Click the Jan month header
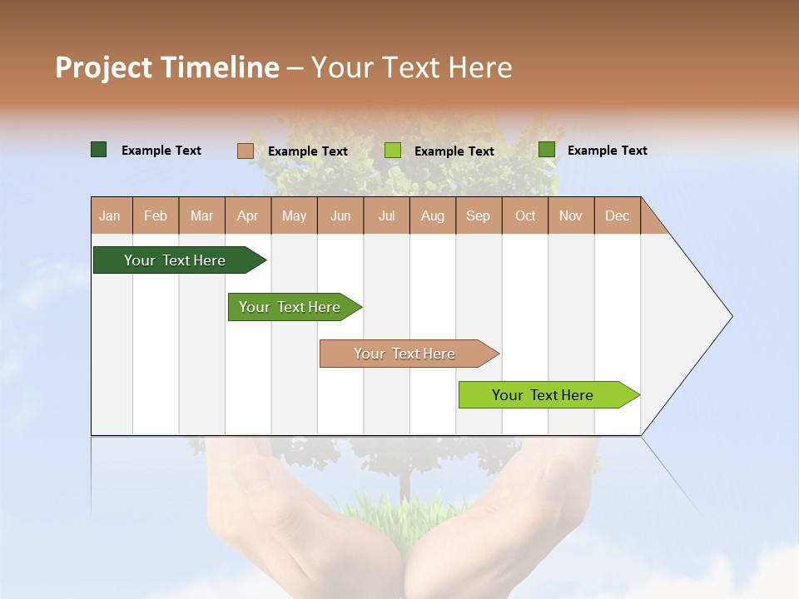click(x=110, y=215)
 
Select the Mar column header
click(x=201, y=215)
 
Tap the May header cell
click(x=294, y=215)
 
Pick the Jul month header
click(x=386, y=215)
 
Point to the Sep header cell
click(x=478, y=215)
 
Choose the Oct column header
click(x=525, y=215)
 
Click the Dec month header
click(x=617, y=215)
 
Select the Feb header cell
click(x=156, y=215)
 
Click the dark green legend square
click(x=98, y=150)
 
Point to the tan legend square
click(x=245, y=151)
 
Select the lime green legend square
click(x=393, y=151)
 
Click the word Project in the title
click(x=104, y=67)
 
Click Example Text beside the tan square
click(x=308, y=151)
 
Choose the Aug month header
click(x=432, y=215)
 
